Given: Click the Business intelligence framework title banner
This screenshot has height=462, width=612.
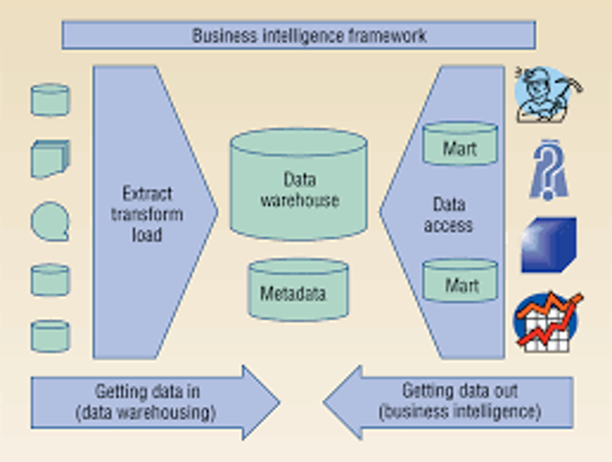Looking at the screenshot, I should (x=299, y=35).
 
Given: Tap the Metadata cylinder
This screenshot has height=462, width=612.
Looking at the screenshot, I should (x=298, y=291).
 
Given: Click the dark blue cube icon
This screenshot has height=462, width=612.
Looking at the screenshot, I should (x=547, y=245).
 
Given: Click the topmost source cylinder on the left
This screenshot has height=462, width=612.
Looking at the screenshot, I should (x=50, y=99).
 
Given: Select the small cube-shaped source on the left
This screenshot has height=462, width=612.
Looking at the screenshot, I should (x=50, y=159).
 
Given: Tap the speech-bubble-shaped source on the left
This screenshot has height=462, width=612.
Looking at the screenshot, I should (x=50, y=221).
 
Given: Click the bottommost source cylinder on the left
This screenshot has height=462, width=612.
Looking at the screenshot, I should (x=50, y=335).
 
